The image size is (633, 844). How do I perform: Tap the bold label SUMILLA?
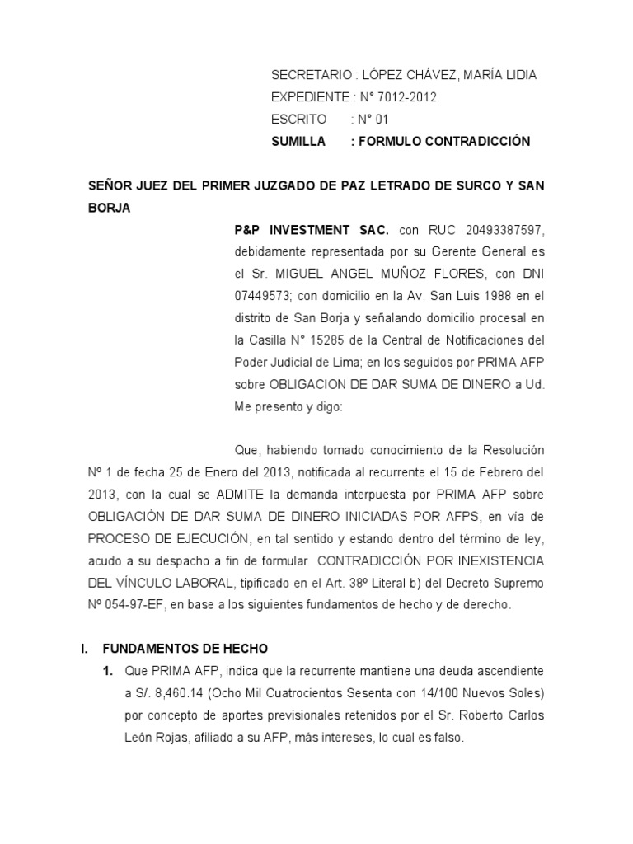298,142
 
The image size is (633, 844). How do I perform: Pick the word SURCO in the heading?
457,186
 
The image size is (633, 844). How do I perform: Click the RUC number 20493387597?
504,228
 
